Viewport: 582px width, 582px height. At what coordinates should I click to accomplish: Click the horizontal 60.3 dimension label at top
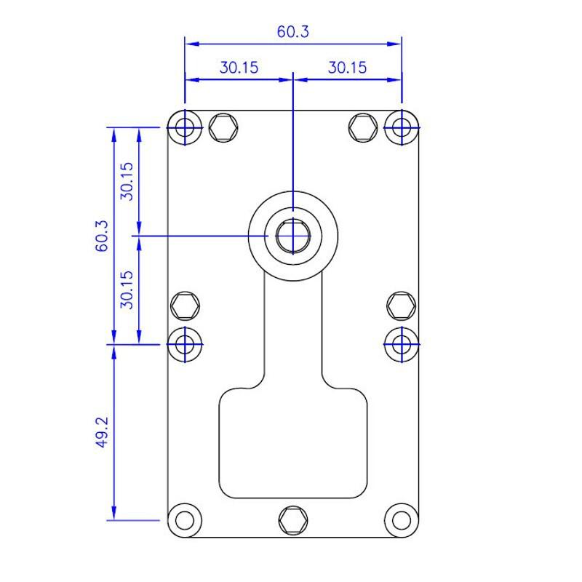click(293, 31)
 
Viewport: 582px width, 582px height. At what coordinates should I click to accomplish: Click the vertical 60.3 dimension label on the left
click(102, 236)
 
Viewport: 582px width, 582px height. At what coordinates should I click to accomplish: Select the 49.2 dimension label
click(102, 431)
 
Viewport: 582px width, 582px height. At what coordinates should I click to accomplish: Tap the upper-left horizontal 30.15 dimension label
click(239, 68)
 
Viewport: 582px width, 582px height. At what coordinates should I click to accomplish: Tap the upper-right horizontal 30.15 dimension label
click(348, 68)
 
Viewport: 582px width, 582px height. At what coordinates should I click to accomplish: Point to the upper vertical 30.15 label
click(127, 181)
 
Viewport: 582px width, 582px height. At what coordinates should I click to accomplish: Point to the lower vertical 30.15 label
click(127, 290)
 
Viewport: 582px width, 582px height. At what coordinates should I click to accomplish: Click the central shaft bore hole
click(293, 236)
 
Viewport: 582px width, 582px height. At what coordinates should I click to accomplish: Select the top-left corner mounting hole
click(185, 128)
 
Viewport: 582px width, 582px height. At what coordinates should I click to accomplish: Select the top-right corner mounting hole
click(402, 128)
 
